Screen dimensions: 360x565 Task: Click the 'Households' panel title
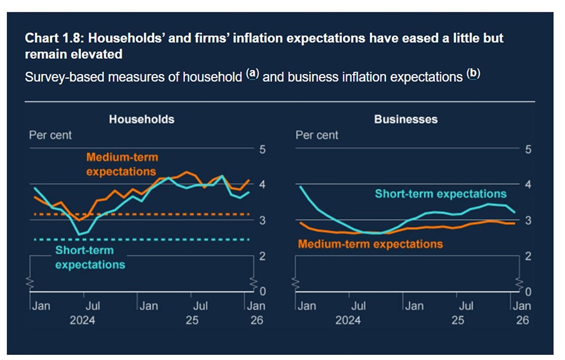[141, 119]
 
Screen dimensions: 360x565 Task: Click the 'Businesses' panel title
[406, 119]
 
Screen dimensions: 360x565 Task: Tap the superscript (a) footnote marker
[253, 74]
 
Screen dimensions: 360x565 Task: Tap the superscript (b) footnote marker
[472, 74]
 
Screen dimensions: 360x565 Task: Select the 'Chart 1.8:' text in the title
[54, 38]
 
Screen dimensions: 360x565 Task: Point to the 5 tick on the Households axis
[262, 150]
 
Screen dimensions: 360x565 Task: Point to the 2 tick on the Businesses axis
[528, 256]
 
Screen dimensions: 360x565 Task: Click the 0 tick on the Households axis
[262, 292]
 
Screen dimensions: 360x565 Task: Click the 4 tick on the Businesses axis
[528, 185]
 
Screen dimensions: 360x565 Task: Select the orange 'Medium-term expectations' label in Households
[121, 164]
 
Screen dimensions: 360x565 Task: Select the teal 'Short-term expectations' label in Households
[90, 257]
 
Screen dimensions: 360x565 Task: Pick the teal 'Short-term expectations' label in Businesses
[441, 194]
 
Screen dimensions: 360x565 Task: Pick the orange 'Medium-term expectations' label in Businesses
[370, 244]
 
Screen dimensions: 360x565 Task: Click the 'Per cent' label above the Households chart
[51, 136]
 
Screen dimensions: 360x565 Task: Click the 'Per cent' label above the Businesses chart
[317, 136]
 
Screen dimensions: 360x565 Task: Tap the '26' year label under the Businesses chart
[523, 320]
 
